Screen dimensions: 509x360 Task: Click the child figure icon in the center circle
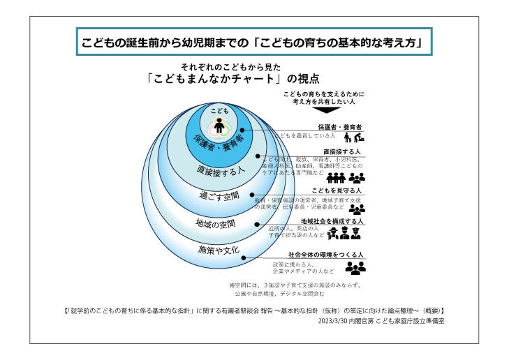click(219, 126)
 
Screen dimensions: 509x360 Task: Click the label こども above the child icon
click(219, 111)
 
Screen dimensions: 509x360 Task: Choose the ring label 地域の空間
click(215, 224)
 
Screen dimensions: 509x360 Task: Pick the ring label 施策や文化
click(219, 249)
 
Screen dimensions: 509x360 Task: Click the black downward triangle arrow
click(327, 110)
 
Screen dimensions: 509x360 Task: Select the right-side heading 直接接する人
click(342, 151)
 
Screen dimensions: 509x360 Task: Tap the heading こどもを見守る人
click(338, 190)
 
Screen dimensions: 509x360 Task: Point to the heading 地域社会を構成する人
click(332, 221)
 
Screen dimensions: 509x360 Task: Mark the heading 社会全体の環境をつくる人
click(326, 255)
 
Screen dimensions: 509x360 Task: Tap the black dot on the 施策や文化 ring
click(245, 257)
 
